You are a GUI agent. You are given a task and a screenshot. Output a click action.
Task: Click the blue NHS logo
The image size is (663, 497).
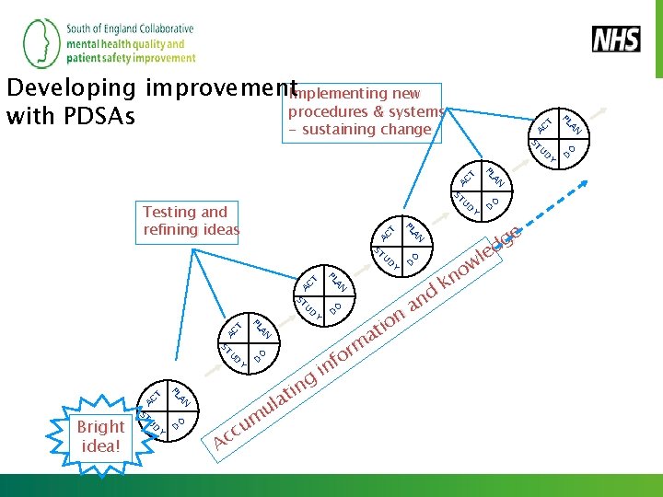coord(615,40)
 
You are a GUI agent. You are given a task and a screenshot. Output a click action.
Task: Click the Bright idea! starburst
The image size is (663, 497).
coord(100,436)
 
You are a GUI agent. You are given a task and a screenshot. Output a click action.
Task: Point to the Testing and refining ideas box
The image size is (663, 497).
coord(191,221)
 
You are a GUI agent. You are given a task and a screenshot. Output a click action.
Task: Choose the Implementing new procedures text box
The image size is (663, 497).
coord(365,111)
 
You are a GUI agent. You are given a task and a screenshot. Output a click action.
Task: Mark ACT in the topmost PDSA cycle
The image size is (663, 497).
coord(546,124)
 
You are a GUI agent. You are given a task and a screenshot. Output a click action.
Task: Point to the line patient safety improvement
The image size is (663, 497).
coord(131,57)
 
